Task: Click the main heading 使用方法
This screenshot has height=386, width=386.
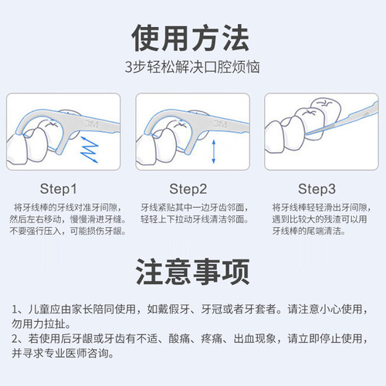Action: [191, 38]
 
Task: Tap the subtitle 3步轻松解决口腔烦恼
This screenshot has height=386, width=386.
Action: [192, 67]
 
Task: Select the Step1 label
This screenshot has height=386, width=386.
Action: [59, 189]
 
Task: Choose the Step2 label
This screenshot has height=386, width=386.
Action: [188, 189]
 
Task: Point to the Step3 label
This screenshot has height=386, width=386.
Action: [317, 189]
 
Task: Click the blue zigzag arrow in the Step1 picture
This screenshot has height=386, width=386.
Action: [89, 150]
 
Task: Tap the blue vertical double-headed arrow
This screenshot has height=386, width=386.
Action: [213, 151]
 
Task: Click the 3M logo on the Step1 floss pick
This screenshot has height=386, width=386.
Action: [92, 124]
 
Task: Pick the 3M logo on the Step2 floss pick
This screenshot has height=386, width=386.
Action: [220, 124]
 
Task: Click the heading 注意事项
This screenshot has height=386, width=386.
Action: [193, 272]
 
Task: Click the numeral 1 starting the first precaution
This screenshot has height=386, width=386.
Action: [15, 310]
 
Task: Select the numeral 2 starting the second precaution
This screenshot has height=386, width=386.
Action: [15, 339]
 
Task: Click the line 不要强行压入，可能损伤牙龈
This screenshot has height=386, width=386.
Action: [67, 231]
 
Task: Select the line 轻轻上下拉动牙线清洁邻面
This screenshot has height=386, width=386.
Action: [195, 219]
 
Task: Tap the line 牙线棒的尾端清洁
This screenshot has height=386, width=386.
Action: [309, 231]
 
